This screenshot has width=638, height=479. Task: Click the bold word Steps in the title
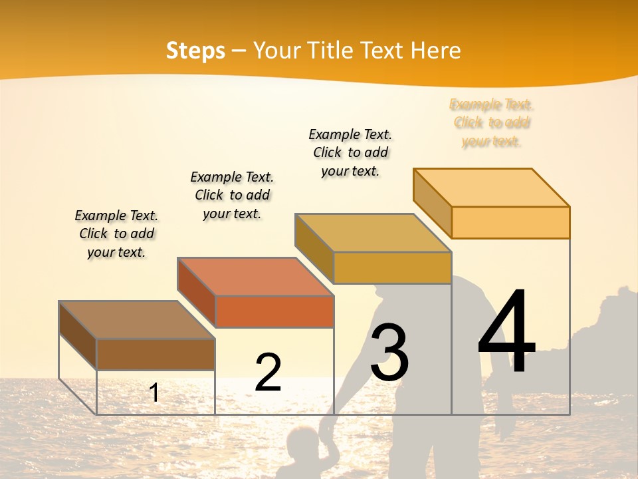(x=195, y=51)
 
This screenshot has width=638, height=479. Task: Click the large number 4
(x=506, y=332)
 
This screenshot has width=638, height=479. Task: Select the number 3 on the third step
(x=389, y=353)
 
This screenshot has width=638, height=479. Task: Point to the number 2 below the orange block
(x=268, y=372)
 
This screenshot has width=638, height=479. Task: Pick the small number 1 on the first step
(x=154, y=393)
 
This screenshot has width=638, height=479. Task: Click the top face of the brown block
(x=137, y=320)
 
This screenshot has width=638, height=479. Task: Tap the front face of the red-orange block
(x=274, y=311)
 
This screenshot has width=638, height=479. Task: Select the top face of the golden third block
(x=372, y=233)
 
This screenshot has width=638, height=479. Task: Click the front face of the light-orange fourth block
(x=510, y=222)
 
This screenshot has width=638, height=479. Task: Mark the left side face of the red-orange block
(x=196, y=292)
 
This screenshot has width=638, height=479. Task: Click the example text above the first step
(x=116, y=234)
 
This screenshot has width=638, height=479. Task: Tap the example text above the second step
(x=232, y=195)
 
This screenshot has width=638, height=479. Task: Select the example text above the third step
(x=350, y=152)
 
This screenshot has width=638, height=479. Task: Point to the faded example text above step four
(x=491, y=122)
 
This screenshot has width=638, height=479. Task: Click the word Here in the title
(x=435, y=51)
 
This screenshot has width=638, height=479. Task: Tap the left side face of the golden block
(x=314, y=248)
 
